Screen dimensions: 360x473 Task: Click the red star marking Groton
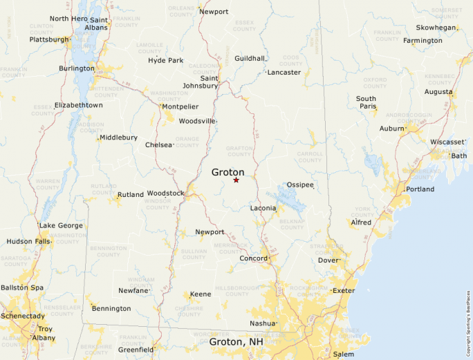(236, 180)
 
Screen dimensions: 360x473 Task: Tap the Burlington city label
(76, 68)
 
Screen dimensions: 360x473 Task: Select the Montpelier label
(180, 107)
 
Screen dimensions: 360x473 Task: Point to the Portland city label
(420, 189)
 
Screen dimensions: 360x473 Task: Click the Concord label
(253, 258)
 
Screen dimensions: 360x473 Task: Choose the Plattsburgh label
(49, 39)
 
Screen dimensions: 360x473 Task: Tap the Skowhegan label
(436, 28)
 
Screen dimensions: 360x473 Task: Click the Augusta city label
(438, 91)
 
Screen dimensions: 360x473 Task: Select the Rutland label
(130, 194)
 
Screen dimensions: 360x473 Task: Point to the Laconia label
(263, 208)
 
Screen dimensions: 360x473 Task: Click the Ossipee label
(300, 185)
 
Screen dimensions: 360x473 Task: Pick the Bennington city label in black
(111, 308)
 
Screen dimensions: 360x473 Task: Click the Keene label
(201, 294)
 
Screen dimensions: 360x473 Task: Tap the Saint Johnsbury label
(200, 82)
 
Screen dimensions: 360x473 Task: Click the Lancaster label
(284, 72)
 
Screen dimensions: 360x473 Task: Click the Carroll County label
(310, 157)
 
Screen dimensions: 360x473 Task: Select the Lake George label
(61, 225)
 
